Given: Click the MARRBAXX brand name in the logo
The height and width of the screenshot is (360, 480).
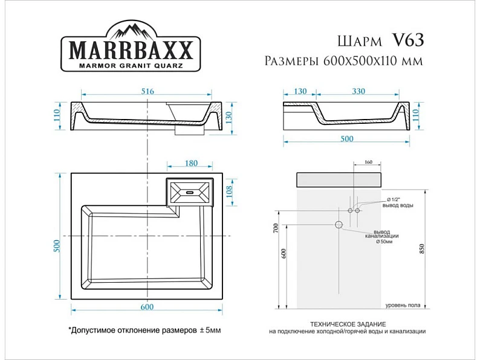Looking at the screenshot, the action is (x=131, y=50).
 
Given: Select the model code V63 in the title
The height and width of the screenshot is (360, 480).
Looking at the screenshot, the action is (x=408, y=40).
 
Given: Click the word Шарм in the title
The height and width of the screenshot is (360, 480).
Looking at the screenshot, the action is (x=360, y=41).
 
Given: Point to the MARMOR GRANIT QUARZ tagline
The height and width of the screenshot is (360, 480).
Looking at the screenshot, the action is (x=131, y=65).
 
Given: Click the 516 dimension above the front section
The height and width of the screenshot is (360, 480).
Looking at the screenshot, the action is (x=148, y=91).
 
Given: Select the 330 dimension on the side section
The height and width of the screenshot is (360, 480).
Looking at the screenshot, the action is (x=358, y=91).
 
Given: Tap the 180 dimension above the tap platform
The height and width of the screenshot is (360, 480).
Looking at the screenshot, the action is (x=191, y=163).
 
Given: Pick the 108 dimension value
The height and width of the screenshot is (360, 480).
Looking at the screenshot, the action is (x=229, y=191).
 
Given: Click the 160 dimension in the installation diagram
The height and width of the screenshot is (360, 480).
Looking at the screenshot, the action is (x=369, y=162).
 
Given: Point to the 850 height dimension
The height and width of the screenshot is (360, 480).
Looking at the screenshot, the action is (x=422, y=249).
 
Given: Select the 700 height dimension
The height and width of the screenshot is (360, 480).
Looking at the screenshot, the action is (x=276, y=228).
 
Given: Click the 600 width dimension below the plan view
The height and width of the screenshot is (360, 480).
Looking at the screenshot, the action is (x=147, y=307).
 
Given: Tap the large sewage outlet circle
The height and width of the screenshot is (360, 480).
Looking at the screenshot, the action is (x=339, y=225).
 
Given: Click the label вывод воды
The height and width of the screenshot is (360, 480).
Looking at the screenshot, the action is (x=398, y=205).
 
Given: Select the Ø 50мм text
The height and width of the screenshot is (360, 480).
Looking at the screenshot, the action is (x=384, y=242).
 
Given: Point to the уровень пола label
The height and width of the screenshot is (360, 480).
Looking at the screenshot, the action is (x=403, y=305).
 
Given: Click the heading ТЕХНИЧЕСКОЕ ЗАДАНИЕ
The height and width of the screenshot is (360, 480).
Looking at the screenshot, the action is (x=348, y=324).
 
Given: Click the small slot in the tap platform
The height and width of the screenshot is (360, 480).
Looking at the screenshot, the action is (x=189, y=193).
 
